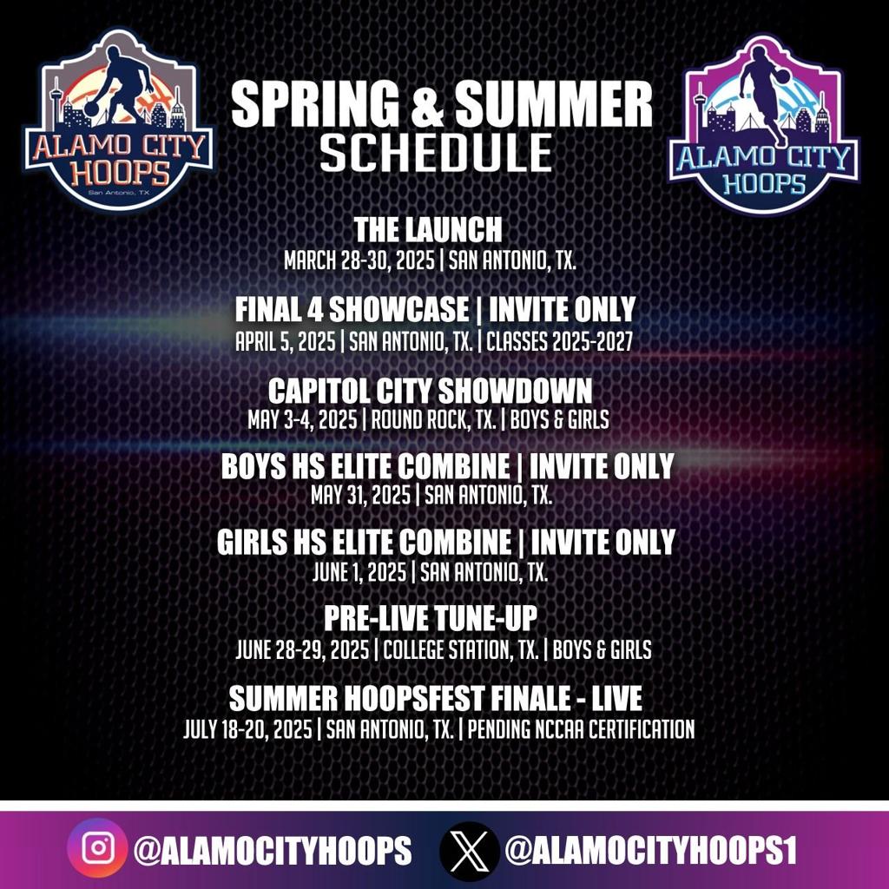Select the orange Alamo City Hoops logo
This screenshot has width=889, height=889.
coord(118,121)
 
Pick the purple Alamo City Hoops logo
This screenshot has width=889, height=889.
coord(764,125)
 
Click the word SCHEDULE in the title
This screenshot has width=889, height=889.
coord(436,151)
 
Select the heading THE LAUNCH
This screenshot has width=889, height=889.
coord(428,230)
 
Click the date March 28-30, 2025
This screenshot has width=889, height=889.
coord(362,260)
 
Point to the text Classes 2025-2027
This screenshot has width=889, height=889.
coord(559,341)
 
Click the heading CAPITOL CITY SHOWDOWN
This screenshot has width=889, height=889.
coord(430,389)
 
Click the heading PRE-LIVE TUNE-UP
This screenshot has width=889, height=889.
coord(431,619)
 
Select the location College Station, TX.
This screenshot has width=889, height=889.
coord(461,649)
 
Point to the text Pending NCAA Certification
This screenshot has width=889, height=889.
coord(582,729)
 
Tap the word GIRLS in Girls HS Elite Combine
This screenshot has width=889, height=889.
coord(252,543)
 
